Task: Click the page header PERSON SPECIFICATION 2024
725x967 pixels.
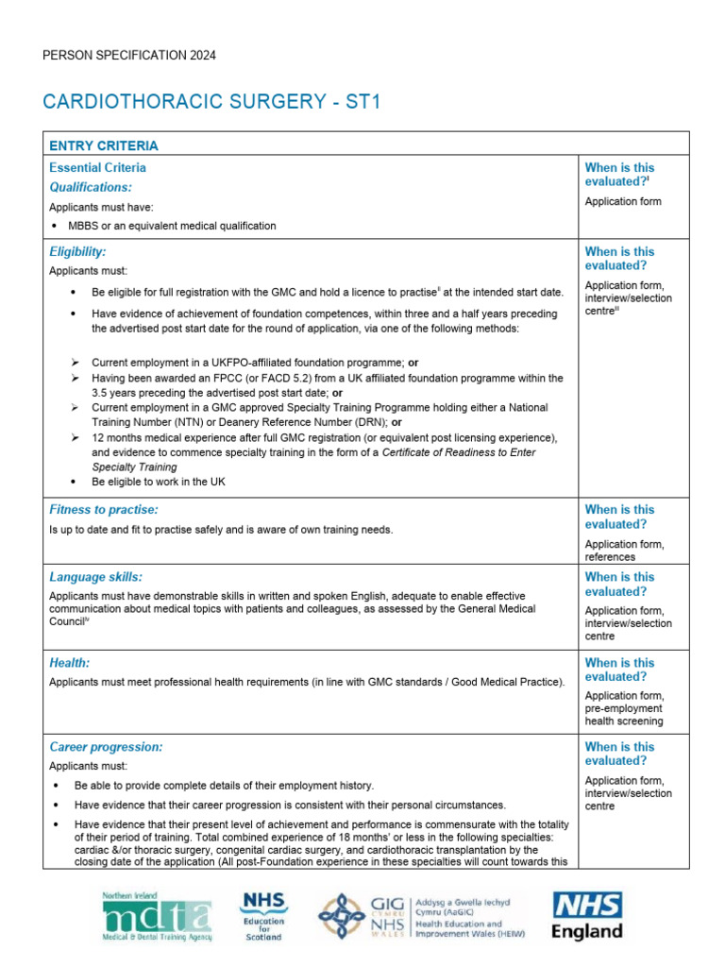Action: click(129, 56)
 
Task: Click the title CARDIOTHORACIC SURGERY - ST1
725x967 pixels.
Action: click(211, 101)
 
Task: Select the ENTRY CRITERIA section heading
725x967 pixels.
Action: click(104, 145)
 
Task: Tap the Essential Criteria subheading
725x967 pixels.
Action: click(97, 167)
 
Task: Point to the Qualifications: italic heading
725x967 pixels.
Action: click(91, 187)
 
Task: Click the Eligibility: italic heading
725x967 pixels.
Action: click(77, 252)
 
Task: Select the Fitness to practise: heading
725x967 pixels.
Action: click(103, 510)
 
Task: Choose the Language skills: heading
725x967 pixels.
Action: click(95, 577)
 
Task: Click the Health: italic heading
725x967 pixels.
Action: click(69, 664)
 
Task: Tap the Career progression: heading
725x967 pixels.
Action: click(106, 747)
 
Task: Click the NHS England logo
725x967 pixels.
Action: click(586, 916)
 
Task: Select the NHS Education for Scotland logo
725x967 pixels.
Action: click(264, 915)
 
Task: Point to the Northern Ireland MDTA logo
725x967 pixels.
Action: click(156, 915)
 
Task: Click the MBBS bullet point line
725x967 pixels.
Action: click(172, 226)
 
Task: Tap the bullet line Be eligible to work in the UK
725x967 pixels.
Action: click(158, 482)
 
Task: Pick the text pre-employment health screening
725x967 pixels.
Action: click(623, 715)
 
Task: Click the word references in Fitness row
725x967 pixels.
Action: click(610, 557)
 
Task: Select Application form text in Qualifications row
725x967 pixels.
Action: click(623, 201)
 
